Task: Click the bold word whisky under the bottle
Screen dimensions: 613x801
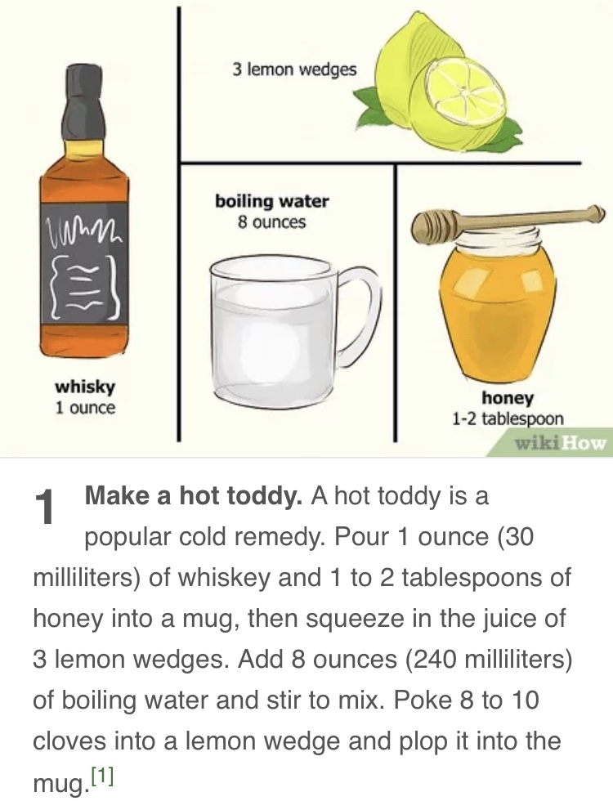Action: click(x=85, y=387)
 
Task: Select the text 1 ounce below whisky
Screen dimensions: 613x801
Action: click(x=85, y=408)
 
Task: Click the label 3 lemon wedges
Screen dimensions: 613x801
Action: click(x=294, y=70)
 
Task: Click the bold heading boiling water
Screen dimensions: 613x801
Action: click(x=271, y=201)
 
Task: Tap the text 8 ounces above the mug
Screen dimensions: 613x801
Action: click(x=271, y=222)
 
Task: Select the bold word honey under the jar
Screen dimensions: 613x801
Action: click(x=508, y=398)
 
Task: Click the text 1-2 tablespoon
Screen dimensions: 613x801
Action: click(x=508, y=418)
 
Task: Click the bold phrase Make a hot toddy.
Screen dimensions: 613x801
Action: click(x=195, y=497)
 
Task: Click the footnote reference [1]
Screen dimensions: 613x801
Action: click(x=103, y=777)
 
